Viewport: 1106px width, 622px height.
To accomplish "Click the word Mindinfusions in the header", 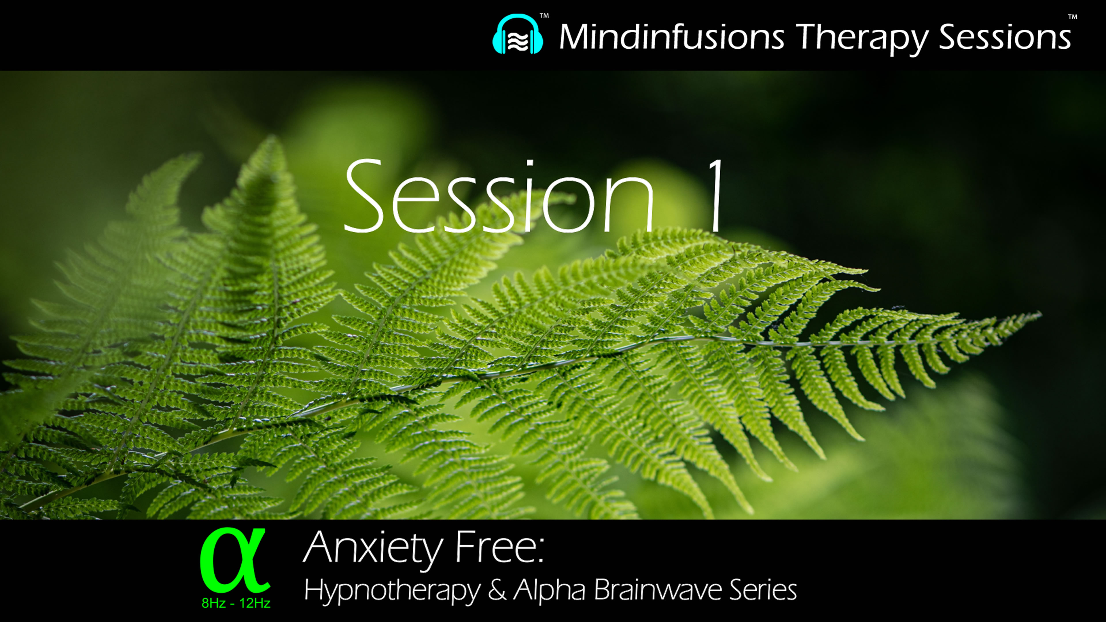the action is [671, 37].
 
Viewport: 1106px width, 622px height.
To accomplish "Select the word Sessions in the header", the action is [1005, 37].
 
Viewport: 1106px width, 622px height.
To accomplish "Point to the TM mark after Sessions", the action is [1073, 17].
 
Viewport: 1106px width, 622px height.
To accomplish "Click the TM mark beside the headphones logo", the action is [544, 16].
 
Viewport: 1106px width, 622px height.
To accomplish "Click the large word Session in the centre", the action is [498, 198].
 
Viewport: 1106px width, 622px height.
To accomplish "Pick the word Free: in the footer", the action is [499, 547].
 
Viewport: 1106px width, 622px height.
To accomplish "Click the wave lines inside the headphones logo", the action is [518, 41].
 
